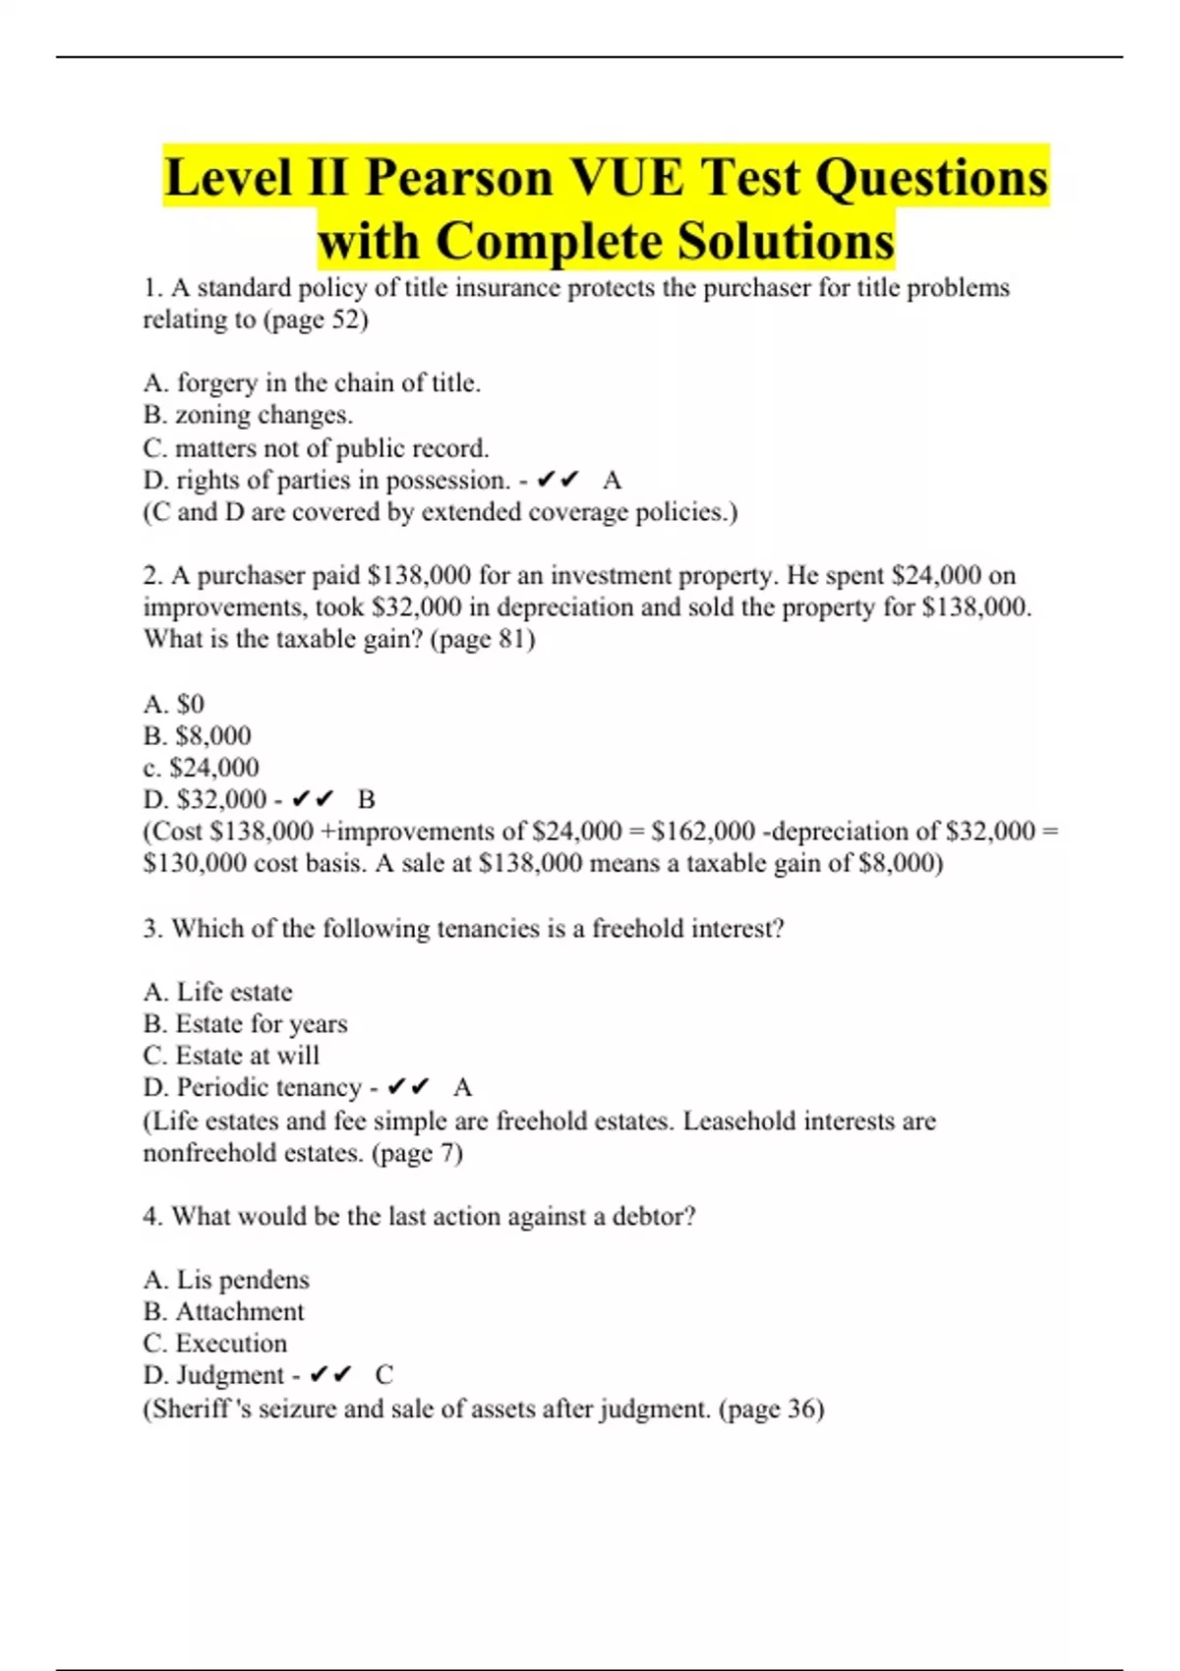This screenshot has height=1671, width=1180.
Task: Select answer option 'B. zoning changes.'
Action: (x=248, y=415)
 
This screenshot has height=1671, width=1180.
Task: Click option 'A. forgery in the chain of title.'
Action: (x=312, y=382)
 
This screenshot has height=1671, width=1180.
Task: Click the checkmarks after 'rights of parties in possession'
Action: (x=558, y=480)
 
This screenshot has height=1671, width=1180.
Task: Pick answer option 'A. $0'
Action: (x=174, y=704)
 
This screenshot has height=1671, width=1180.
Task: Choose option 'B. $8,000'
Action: (x=198, y=735)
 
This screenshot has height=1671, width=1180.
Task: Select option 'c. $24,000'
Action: (x=202, y=768)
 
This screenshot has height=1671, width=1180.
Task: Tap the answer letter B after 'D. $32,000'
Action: (x=367, y=799)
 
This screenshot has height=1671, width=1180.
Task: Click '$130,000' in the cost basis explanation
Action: (x=195, y=863)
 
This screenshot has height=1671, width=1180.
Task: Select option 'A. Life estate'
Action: (x=217, y=992)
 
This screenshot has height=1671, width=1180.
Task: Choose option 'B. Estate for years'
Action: (x=245, y=1023)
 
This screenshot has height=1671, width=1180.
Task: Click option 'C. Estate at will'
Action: (x=231, y=1056)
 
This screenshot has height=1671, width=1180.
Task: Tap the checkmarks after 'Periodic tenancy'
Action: (x=408, y=1087)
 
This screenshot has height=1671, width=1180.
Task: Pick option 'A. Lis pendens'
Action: (x=226, y=1280)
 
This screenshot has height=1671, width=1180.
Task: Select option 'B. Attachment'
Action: (x=223, y=1311)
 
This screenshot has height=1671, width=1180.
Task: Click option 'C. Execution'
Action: (x=215, y=1344)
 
